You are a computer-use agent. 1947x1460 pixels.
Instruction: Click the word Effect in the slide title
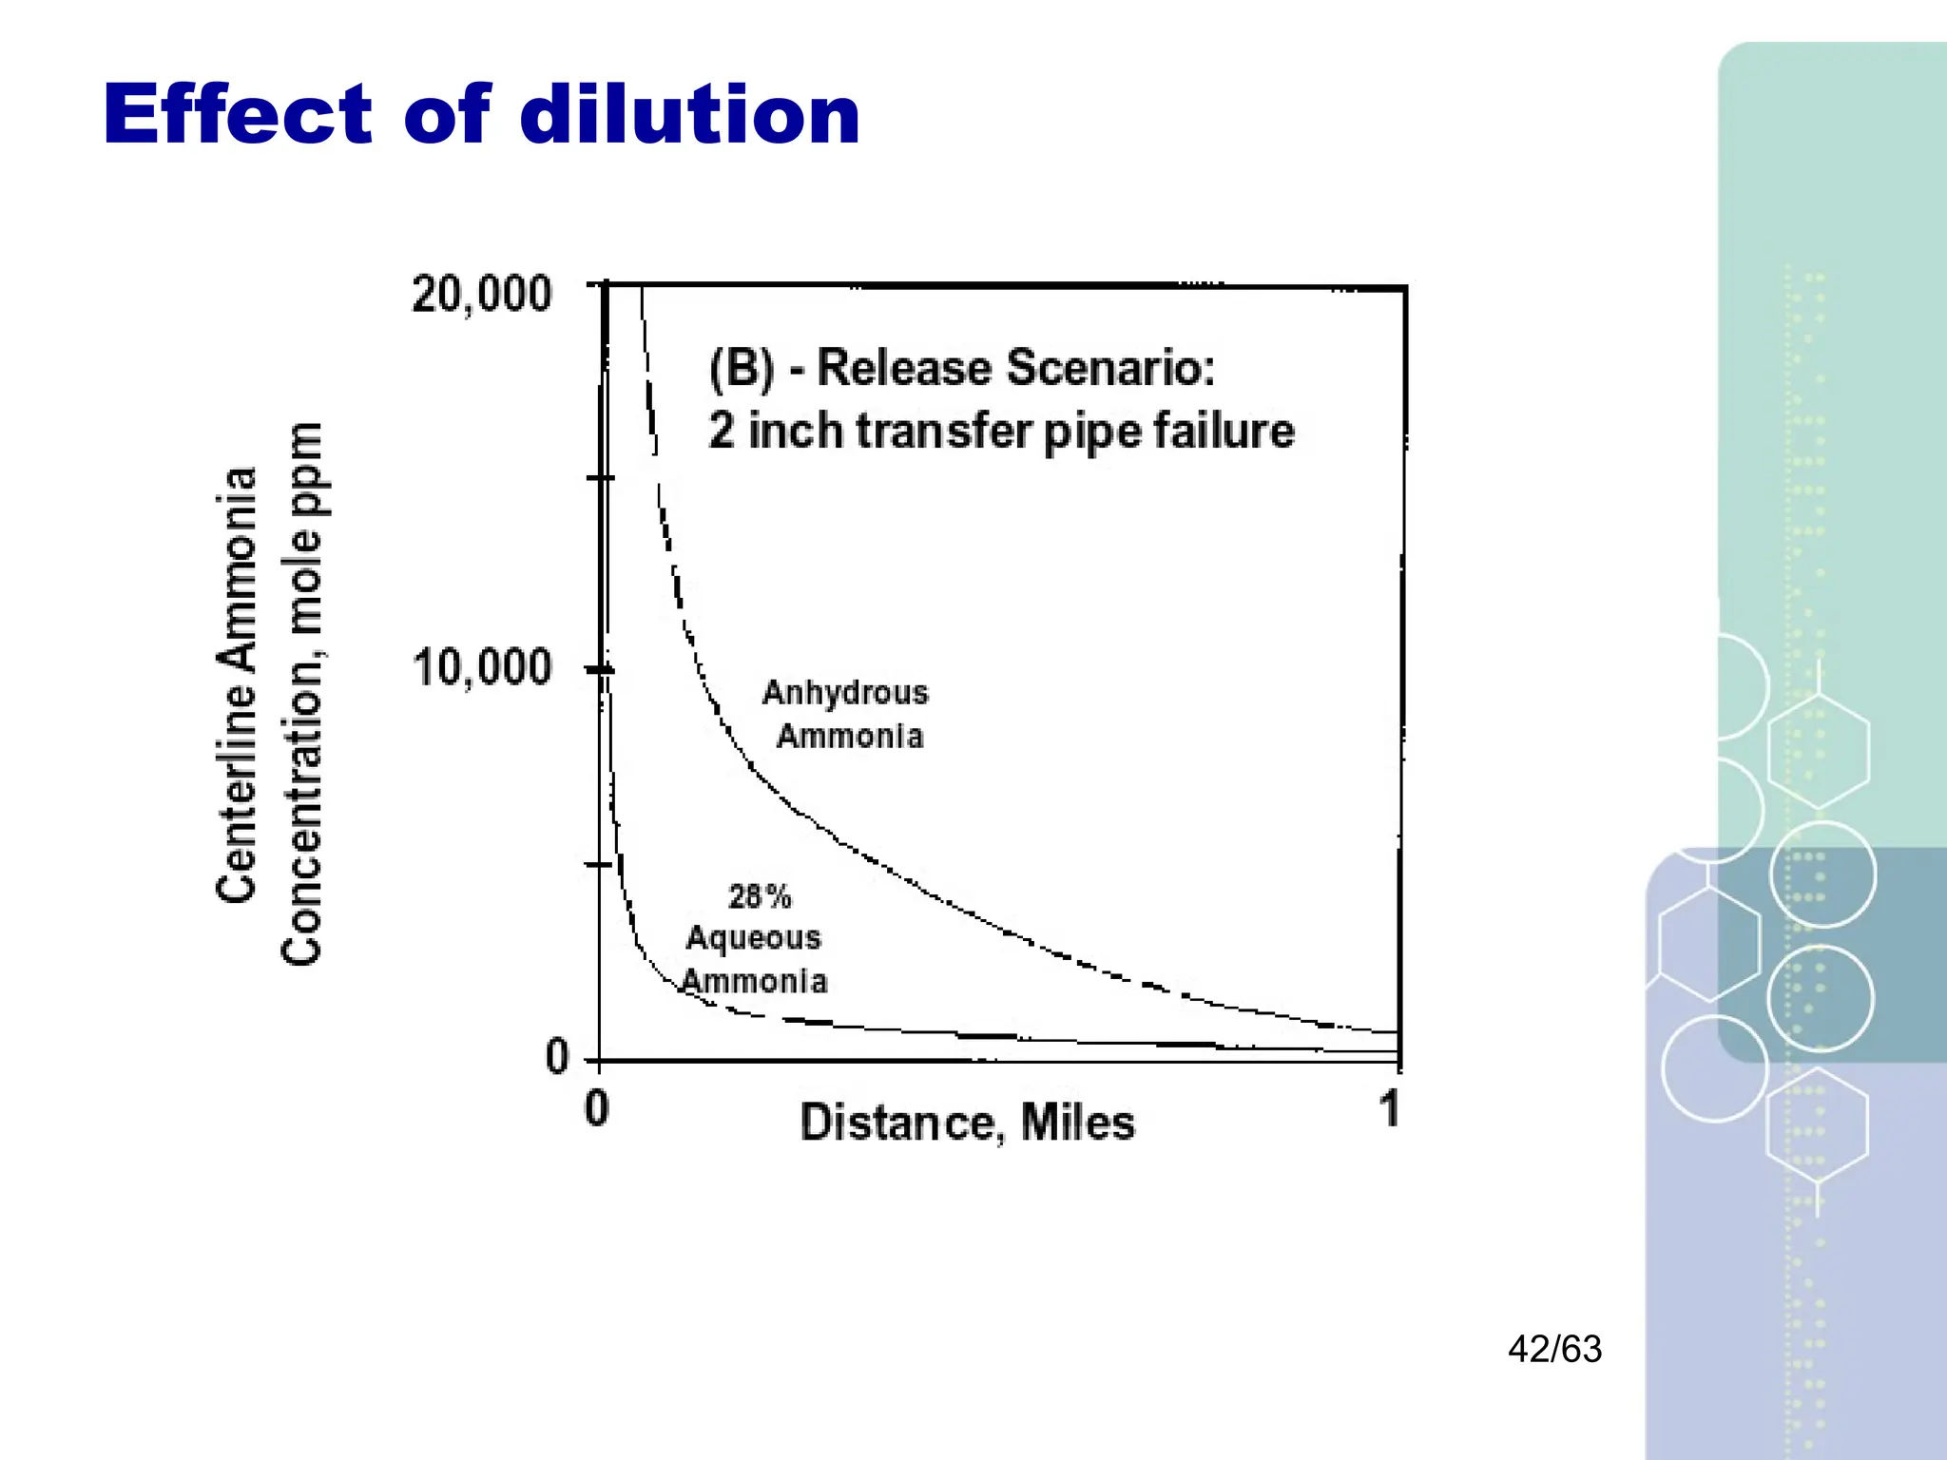click(238, 115)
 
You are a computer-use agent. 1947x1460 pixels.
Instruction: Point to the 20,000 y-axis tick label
click(481, 294)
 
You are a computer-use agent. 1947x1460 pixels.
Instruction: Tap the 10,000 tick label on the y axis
click(481, 667)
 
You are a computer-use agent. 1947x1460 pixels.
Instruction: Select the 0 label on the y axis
click(557, 1056)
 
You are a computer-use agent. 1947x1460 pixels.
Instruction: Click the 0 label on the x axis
click(596, 1108)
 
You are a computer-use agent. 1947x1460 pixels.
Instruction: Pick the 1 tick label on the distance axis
click(1390, 1108)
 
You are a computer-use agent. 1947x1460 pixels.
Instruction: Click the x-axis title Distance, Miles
click(967, 1123)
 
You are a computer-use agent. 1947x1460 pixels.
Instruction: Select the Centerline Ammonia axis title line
click(237, 684)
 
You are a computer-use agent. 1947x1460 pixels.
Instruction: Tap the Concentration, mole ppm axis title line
click(302, 694)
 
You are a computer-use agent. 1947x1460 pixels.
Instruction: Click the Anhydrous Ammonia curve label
click(846, 714)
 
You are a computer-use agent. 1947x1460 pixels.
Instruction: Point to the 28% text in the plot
click(760, 896)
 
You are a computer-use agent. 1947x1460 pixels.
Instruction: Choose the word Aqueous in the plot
click(753, 938)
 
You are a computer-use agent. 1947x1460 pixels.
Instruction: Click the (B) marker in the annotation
click(742, 368)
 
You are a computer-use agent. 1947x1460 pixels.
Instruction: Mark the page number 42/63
click(1554, 1349)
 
